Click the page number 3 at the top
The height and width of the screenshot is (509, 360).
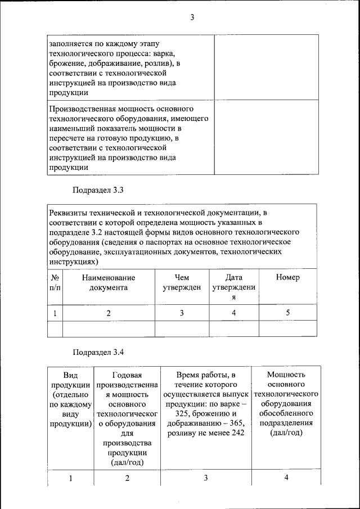coord(191,17)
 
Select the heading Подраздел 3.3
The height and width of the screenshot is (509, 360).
coord(98,190)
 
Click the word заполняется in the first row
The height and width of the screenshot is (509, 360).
coord(71,43)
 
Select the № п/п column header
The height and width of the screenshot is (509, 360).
coord(55,282)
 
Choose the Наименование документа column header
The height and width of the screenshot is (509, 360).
coord(109,282)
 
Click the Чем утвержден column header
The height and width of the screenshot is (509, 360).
coord(182,282)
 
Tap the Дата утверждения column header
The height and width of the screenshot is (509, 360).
coord(233,287)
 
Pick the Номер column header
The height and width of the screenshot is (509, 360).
coord(288,277)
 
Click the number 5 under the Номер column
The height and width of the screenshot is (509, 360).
coord(288,313)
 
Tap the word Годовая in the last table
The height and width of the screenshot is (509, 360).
coord(127,375)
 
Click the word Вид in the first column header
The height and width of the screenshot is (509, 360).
coord(71,375)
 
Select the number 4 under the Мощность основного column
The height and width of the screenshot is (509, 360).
coord(286,478)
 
